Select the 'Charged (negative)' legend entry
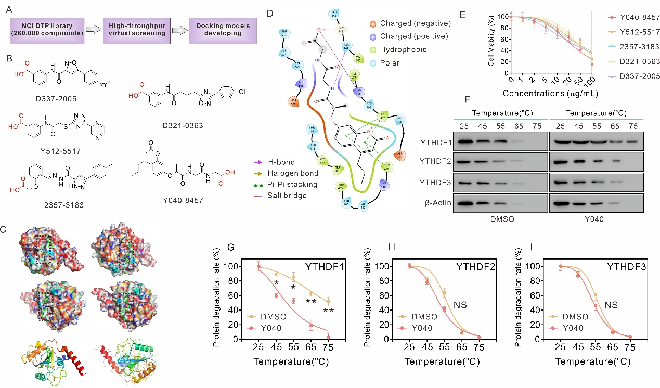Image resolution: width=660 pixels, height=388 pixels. (414, 23)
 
